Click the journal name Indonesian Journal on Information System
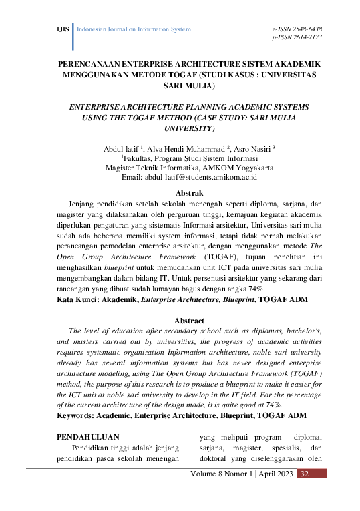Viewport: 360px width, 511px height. (134, 30)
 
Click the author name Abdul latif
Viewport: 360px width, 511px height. (124, 147)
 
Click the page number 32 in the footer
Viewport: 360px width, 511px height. (304, 474)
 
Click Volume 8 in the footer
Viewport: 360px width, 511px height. (208, 474)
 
